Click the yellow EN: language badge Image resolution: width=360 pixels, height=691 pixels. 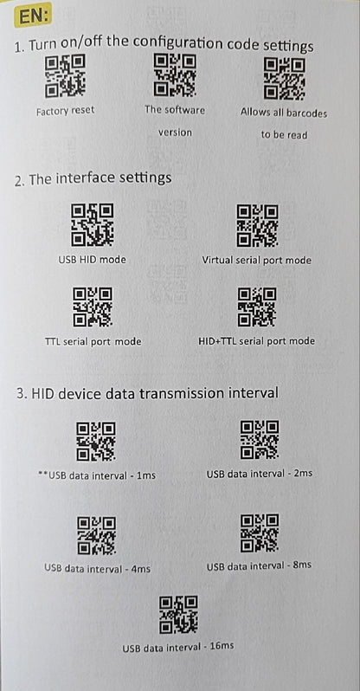point(34,16)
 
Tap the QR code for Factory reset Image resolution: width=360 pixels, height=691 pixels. point(65,77)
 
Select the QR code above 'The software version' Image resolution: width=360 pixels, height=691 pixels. point(175,74)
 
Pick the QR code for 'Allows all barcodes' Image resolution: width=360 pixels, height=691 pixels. point(284,80)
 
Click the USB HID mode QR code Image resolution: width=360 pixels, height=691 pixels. point(93,225)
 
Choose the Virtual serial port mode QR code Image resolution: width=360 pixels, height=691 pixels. point(257,225)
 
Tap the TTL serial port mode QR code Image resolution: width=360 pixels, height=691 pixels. point(93,307)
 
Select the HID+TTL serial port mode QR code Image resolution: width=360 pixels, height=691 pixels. point(257,307)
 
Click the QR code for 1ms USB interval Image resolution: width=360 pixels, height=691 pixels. point(95,441)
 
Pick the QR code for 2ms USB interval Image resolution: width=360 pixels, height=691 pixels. point(260,439)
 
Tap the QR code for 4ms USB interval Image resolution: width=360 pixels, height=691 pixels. point(97,535)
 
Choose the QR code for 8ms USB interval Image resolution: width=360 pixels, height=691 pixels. point(260,533)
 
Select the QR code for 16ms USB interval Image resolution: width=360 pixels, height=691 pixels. point(178,615)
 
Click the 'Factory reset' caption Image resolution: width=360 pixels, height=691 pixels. point(65,110)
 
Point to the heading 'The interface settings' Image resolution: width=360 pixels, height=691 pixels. point(93,178)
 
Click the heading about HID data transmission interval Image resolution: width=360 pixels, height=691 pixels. point(148,392)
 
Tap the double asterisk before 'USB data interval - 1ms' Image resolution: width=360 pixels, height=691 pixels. point(43,475)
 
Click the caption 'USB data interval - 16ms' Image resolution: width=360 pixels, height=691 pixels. point(178,647)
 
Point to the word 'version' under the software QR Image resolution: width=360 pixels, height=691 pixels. point(175,132)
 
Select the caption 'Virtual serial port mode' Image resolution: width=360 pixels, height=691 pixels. point(256,260)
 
